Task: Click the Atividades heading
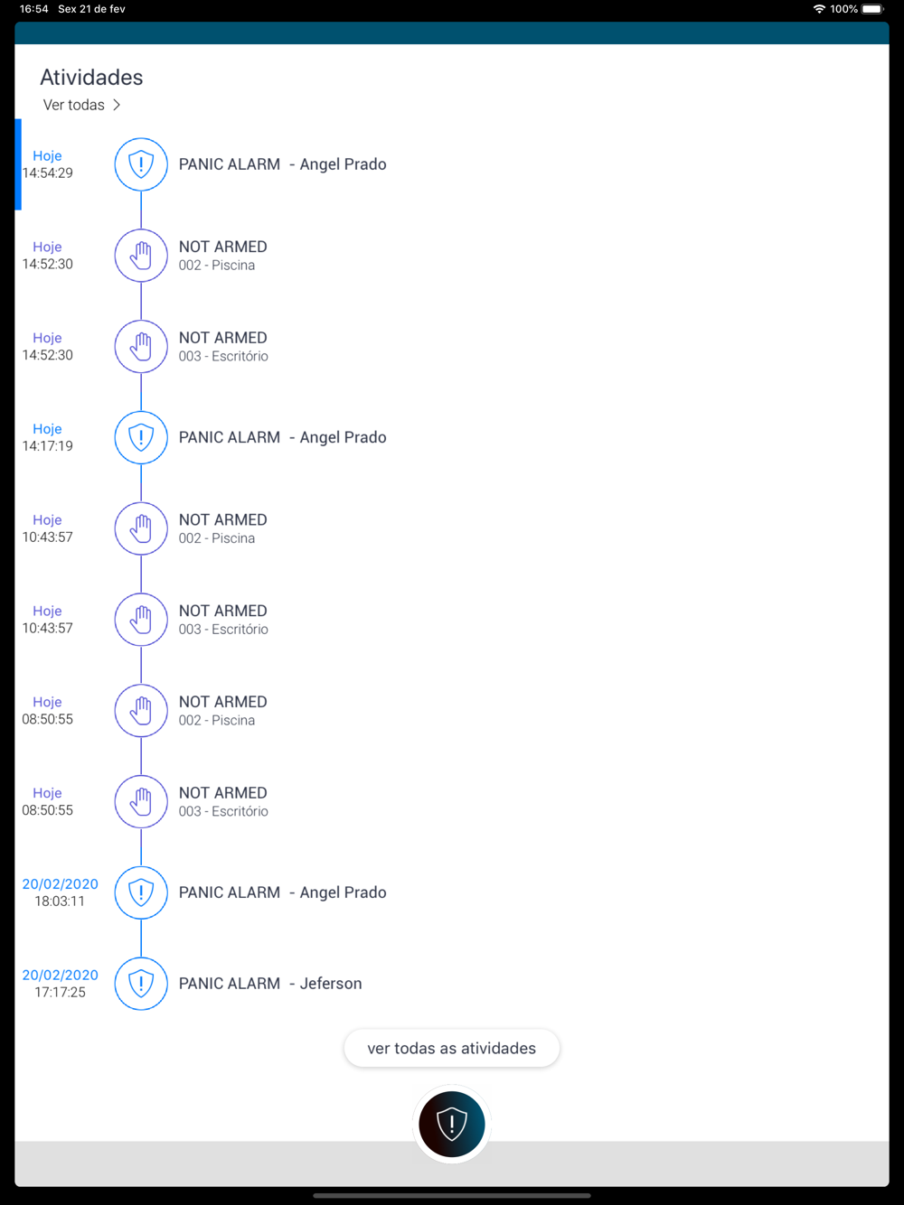[x=91, y=78]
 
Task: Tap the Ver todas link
[x=81, y=105]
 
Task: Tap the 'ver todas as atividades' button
[x=451, y=1048]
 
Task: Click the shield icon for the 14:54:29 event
[x=141, y=164]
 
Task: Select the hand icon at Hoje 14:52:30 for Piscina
[x=141, y=256]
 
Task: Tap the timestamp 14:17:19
[x=47, y=445]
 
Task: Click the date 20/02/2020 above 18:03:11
[x=60, y=883]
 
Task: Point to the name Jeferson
[x=331, y=983]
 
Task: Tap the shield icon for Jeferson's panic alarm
[x=141, y=983]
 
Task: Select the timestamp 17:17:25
[x=60, y=992]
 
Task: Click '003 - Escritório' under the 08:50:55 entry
[x=223, y=811]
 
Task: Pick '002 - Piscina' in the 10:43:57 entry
[x=216, y=538]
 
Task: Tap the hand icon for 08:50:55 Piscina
[x=141, y=710]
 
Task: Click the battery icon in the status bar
[x=872, y=9]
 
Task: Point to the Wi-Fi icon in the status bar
[x=819, y=9]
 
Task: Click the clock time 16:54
[x=34, y=9]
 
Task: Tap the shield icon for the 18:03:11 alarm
[x=141, y=892]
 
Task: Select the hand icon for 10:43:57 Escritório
[x=141, y=620]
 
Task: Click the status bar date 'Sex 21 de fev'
[x=91, y=9]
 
